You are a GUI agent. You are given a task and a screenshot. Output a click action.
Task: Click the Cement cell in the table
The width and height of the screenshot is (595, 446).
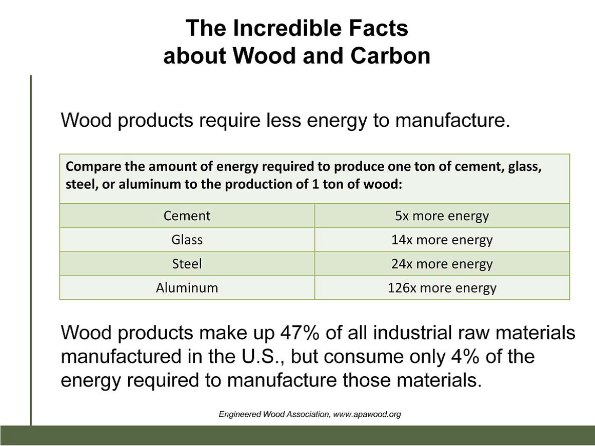click(187, 216)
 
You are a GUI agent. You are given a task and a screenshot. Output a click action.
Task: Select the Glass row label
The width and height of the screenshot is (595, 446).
click(187, 240)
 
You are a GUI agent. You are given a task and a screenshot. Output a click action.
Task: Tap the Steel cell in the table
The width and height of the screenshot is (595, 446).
click(187, 263)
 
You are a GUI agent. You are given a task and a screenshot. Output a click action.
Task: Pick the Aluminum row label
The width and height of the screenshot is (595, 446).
click(187, 287)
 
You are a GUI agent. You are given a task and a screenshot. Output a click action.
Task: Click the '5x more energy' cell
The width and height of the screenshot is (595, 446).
click(442, 216)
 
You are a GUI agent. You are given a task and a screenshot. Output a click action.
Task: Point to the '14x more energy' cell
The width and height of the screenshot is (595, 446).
click(442, 240)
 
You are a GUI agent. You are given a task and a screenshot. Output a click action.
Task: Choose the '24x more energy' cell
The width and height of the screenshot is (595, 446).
click(442, 263)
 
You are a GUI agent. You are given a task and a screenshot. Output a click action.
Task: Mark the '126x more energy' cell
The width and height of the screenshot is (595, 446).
click(442, 287)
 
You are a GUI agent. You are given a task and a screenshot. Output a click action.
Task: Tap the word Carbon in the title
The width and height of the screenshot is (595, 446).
click(390, 55)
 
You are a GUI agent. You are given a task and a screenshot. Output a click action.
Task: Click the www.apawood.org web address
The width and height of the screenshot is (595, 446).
click(367, 414)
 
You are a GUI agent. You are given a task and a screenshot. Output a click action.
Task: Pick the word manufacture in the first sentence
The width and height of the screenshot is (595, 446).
click(452, 120)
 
